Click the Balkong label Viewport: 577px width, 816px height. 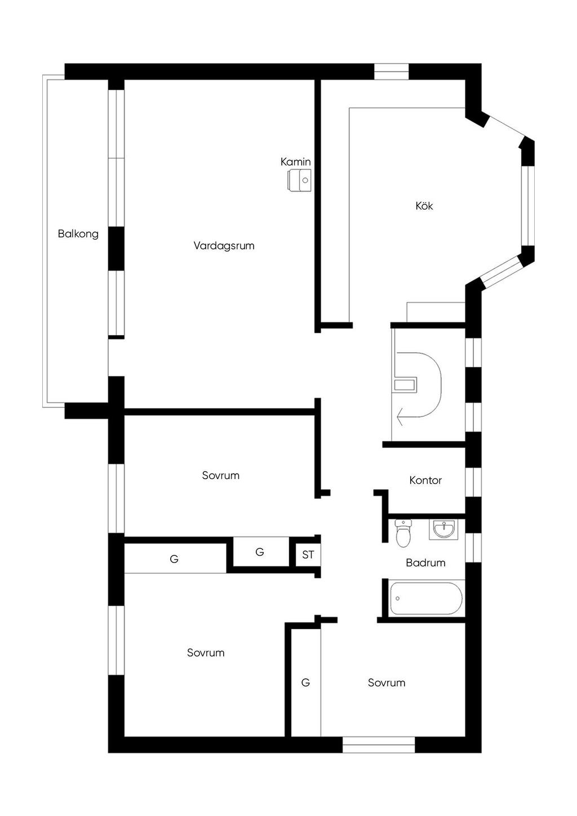[78, 234]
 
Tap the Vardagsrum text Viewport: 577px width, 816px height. [224, 246]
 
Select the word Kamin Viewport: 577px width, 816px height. [295, 162]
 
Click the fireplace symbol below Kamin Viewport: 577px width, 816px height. [299, 180]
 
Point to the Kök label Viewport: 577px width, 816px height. [424, 206]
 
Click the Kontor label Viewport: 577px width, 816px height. [425, 481]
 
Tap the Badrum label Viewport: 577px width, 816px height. [425, 563]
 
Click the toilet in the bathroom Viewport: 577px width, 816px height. [403, 533]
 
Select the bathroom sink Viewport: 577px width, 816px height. [443, 529]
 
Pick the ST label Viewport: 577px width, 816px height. [308, 555]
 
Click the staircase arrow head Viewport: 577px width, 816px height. [400, 416]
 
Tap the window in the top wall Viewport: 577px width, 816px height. [391, 72]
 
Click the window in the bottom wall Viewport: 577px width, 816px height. [379, 744]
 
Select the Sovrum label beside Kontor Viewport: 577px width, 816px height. [220, 476]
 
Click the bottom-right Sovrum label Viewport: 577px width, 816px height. [386, 682]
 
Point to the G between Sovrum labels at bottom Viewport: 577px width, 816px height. [305, 682]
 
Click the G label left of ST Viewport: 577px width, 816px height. [259, 552]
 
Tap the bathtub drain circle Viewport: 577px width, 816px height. [397, 598]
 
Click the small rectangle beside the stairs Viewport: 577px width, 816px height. [405, 385]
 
